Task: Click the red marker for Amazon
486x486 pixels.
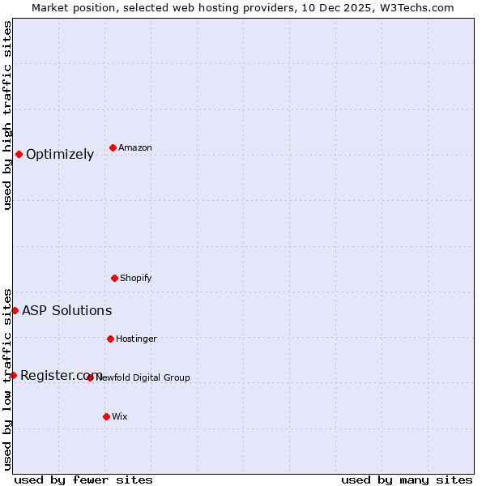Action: tap(113, 147)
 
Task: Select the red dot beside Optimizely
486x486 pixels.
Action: tap(19, 154)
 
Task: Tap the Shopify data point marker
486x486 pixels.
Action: tap(114, 278)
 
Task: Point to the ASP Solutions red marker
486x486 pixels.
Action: tap(15, 310)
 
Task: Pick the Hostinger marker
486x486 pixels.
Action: tap(110, 339)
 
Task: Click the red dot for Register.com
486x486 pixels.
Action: tap(13, 375)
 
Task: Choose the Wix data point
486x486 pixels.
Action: tap(106, 416)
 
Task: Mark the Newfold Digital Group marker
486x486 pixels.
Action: tap(90, 377)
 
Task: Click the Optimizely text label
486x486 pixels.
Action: tap(60, 155)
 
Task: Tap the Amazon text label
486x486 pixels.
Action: tap(135, 147)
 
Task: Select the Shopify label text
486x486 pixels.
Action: tap(136, 278)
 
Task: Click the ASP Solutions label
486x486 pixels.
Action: tap(66, 310)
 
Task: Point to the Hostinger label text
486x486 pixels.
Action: tap(136, 339)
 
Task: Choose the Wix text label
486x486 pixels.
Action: tap(120, 416)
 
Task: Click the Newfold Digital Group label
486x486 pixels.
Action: tap(143, 377)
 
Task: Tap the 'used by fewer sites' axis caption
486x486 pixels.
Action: tap(83, 480)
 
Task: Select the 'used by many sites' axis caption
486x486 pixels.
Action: tap(407, 480)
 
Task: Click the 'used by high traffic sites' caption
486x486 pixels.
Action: tap(7, 115)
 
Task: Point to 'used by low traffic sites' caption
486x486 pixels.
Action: tap(7, 378)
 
